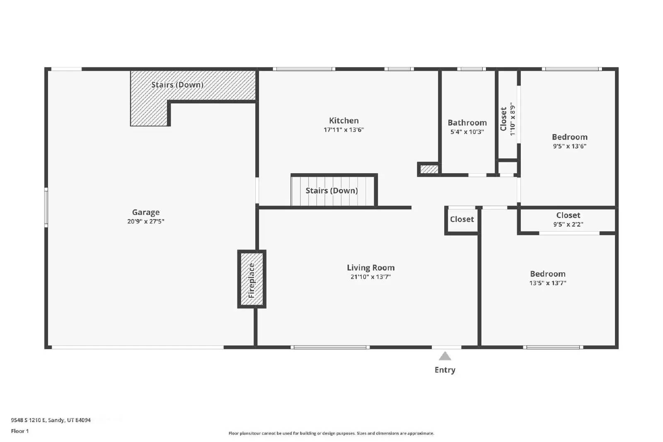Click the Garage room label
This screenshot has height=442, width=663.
[145, 213]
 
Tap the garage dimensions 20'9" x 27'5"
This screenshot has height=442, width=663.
[145, 222]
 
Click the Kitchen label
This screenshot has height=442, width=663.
[344, 121]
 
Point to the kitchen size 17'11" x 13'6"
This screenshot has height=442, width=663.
[344, 130]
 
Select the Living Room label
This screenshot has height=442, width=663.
[370, 268]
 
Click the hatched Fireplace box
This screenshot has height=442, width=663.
[252, 280]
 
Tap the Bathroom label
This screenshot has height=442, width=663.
[467, 123]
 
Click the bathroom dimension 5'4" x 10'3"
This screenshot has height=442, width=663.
[467, 132]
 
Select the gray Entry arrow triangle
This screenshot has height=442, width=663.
[445, 356]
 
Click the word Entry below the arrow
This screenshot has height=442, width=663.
[445, 370]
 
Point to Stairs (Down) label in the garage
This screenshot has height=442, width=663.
[177, 85]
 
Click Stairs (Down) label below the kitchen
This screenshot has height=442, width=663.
[331, 191]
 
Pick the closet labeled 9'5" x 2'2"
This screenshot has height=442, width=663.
[568, 224]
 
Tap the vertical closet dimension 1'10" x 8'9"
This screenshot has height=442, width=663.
[513, 119]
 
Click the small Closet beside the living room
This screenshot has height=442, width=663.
[462, 220]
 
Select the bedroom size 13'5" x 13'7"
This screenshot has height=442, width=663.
[547, 283]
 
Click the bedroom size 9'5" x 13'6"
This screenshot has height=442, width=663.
[569, 146]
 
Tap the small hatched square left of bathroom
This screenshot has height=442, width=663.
[429, 169]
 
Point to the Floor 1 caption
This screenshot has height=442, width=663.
[20, 431]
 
